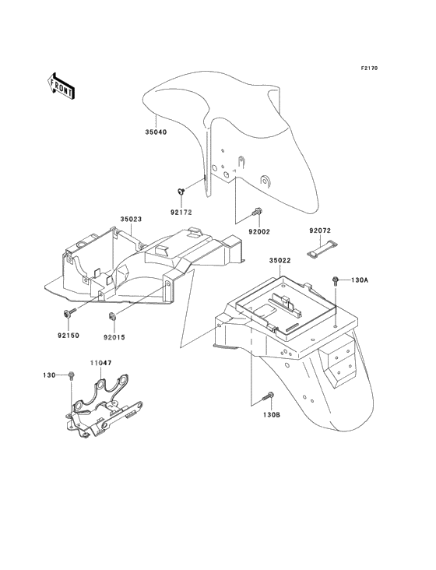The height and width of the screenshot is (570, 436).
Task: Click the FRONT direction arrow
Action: (x=61, y=86)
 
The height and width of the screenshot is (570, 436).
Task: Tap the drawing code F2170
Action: (x=369, y=68)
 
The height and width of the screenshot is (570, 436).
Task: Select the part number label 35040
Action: (x=156, y=132)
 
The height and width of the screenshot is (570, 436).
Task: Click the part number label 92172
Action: (x=181, y=213)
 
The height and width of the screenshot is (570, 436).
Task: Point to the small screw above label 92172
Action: (x=181, y=191)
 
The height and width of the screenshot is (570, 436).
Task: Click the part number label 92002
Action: (x=259, y=231)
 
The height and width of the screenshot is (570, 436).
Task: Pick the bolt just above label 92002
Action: (x=257, y=211)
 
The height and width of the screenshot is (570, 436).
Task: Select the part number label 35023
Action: (x=131, y=220)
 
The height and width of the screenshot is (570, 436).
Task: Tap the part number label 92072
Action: (x=320, y=230)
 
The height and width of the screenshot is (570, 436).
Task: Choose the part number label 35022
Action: (x=280, y=260)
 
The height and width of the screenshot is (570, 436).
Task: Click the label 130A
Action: (x=360, y=280)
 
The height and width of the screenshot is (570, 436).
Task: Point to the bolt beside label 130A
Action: (x=335, y=280)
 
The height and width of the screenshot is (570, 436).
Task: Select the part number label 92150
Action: (x=69, y=335)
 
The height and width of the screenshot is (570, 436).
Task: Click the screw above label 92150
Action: (x=70, y=312)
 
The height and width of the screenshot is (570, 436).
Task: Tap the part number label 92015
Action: (x=114, y=337)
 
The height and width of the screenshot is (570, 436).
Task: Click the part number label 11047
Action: (x=101, y=363)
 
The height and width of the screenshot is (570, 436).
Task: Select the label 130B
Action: (x=272, y=414)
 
